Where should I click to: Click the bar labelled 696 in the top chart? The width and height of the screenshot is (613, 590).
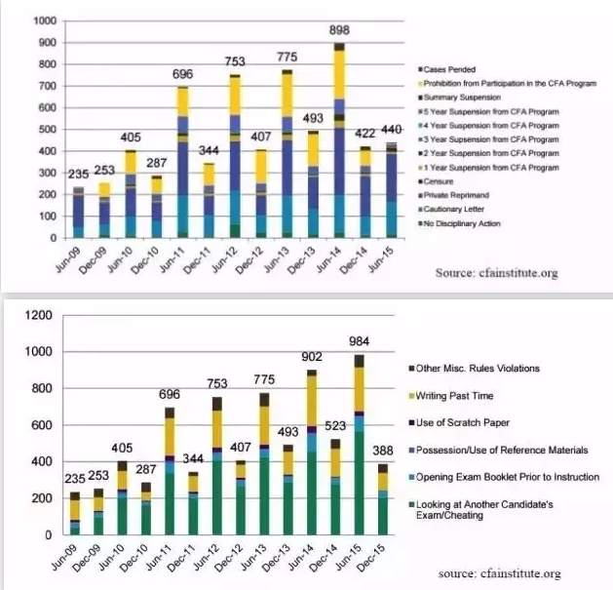point(183,162)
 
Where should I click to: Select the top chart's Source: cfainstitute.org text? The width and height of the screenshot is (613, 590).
point(511,274)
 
